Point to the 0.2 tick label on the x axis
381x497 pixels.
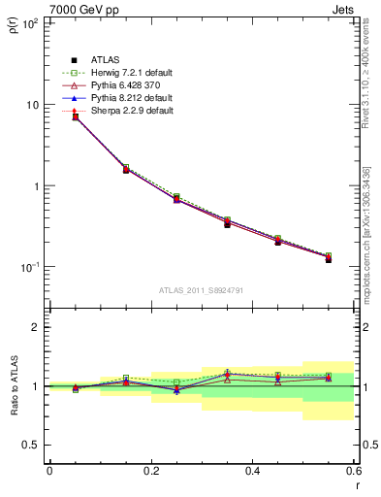(x=150, y=471)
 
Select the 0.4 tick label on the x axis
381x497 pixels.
(x=252, y=471)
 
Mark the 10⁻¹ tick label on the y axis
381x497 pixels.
(x=28, y=267)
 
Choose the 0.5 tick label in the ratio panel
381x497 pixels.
(x=30, y=445)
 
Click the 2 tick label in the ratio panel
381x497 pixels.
(x=35, y=327)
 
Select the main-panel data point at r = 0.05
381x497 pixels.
(x=76, y=116)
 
